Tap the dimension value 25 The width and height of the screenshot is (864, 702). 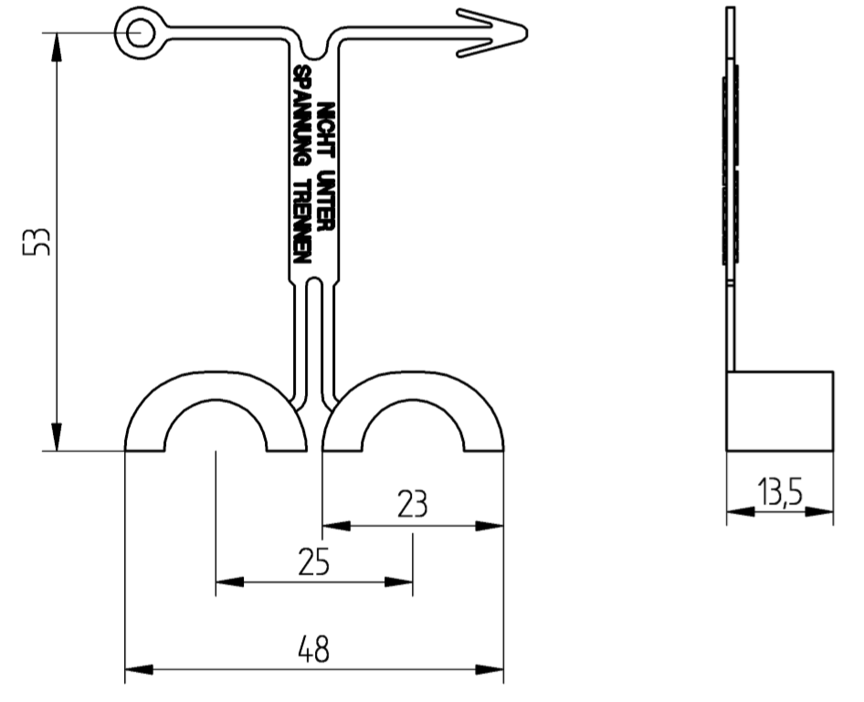pos(313,562)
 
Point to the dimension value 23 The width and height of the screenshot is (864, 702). pos(412,505)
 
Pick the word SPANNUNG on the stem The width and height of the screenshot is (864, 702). pos(300,114)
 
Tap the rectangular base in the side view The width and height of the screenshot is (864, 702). pos(779,411)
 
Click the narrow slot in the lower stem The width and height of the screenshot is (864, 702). pos(313,338)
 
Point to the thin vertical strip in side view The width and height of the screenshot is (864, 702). pos(730,183)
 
